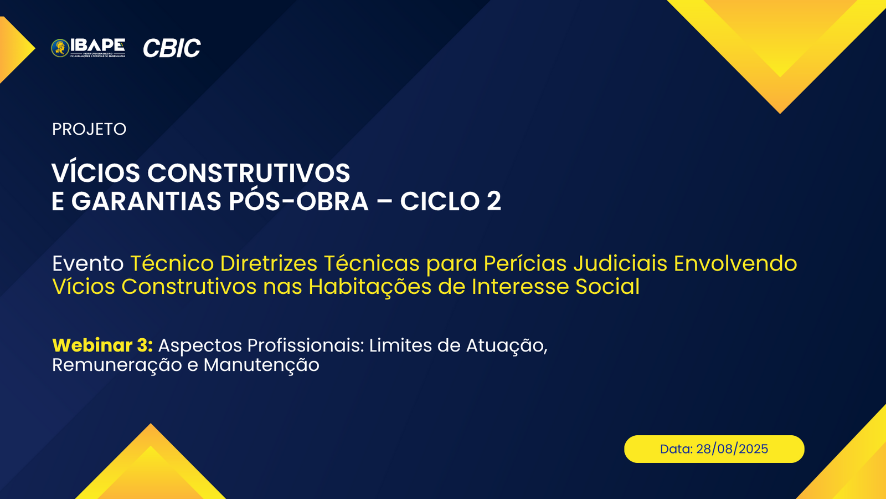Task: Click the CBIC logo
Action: tap(172, 48)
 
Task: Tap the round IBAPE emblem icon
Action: tap(60, 48)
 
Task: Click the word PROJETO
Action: tap(89, 129)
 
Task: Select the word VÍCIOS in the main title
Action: tap(96, 172)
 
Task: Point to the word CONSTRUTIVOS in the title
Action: tap(249, 173)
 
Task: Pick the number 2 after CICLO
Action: tap(493, 201)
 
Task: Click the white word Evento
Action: tap(88, 263)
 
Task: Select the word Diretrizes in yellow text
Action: tap(269, 263)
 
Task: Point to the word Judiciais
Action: tap(620, 263)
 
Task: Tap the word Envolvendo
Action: tap(735, 263)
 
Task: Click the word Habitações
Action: tap(370, 287)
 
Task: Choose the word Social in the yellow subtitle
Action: tap(607, 286)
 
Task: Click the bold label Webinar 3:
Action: tap(102, 345)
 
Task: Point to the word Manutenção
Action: tap(261, 365)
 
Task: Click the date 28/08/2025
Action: tap(732, 449)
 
